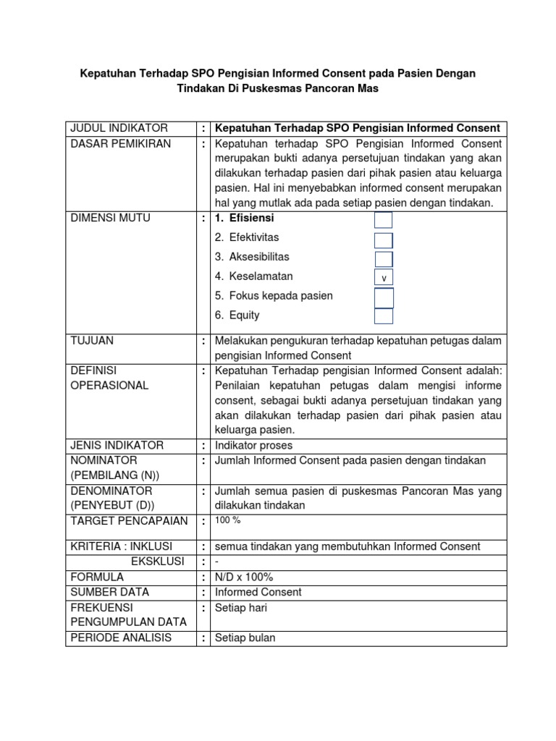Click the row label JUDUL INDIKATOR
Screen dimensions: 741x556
pyautogui.click(x=119, y=128)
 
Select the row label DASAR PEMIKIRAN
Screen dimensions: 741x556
pyautogui.click(x=120, y=144)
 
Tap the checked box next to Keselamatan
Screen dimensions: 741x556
pyautogui.click(x=384, y=278)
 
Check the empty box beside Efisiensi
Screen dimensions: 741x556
pyautogui.click(x=384, y=220)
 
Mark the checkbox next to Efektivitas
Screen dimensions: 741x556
pyautogui.click(x=384, y=240)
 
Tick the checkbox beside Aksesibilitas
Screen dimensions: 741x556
pyautogui.click(x=384, y=259)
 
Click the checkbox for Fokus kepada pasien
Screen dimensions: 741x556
pyautogui.click(x=384, y=297)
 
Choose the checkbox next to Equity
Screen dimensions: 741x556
pyautogui.click(x=384, y=316)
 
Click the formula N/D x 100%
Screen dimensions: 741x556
pyautogui.click(x=244, y=577)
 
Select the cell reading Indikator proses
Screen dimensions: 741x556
pyautogui.click(x=253, y=445)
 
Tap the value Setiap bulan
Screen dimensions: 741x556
pyautogui.click(x=245, y=638)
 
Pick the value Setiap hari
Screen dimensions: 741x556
pyautogui.click(x=241, y=608)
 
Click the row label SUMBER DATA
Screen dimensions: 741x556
pyautogui.click(x=106, y=593)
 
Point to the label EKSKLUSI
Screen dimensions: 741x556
pyautogui.click(x=157, y=562)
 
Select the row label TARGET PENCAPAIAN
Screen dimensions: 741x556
pyautogui.click(x=129, y=521)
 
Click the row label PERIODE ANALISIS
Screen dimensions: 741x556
pyautogui.click(x=121, y=638)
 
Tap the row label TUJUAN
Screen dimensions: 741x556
pyautogui.click(x=91, y=340)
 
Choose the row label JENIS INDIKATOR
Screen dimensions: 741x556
pyautogui.click(x=117, y=445)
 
